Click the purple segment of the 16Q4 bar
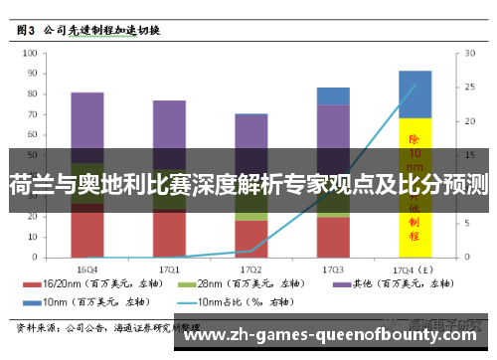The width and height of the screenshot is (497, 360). pyautogui.click(x=87, y=124)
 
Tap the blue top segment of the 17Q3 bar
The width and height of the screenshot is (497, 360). pyautogui.click(x=333, y=95)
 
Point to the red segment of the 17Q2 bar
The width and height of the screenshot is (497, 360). pyautogui.click(x=250, y=240)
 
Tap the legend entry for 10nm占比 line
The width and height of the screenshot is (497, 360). pyautogui.click(x=240, y=300)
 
